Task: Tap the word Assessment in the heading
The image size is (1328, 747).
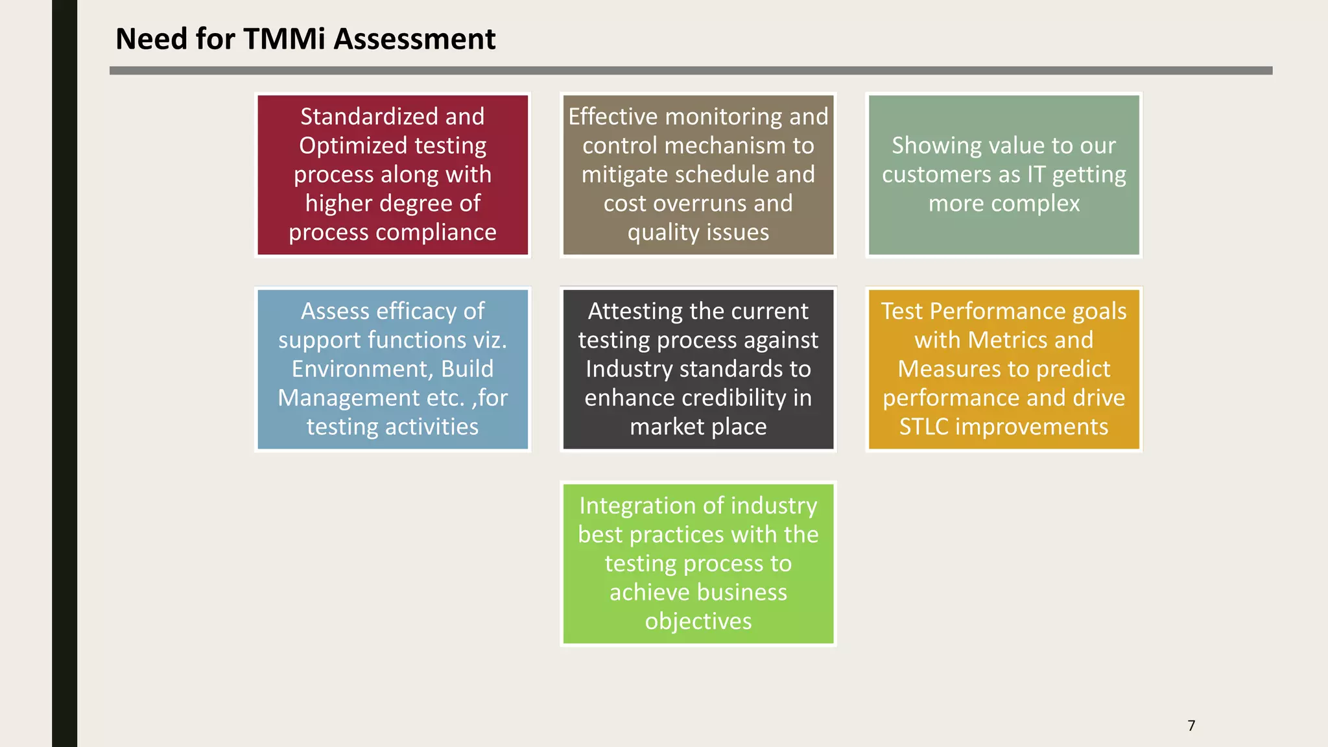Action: click(x=414, y=39)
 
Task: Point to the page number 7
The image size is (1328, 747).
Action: click(x=1191, y=726)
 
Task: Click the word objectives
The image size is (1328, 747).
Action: click(x=698, y=621)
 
